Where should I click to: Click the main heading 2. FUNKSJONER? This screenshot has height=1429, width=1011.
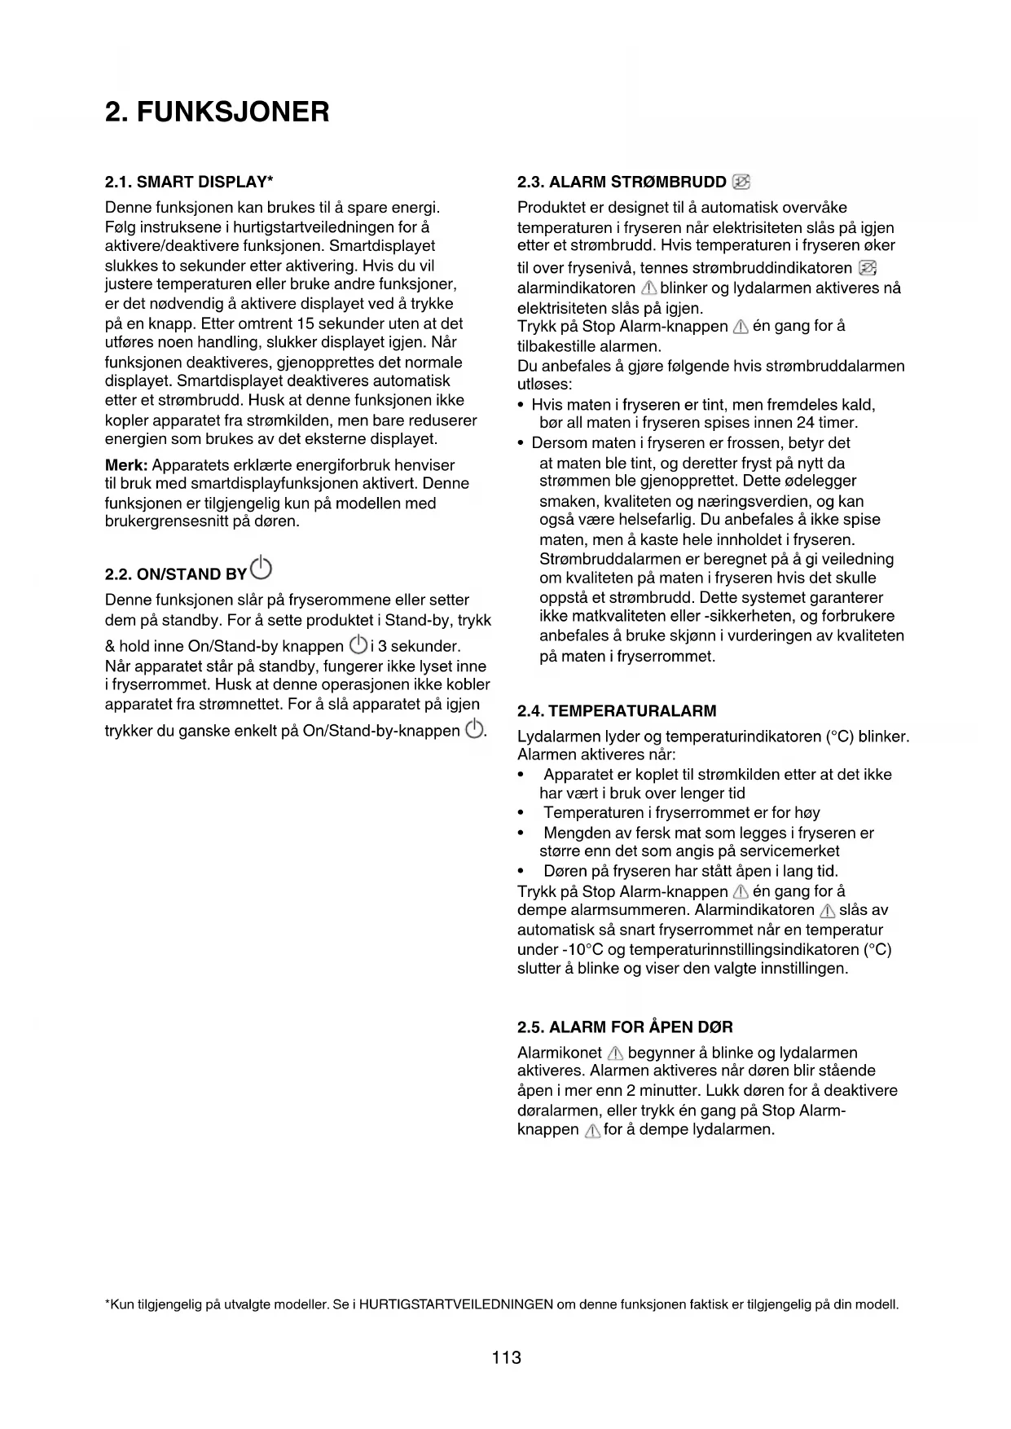(x=218, y=112)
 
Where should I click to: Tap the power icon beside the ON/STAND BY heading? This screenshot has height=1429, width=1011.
(x=262, y=566)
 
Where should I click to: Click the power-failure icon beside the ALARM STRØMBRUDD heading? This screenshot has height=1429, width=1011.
(x=741, y=181)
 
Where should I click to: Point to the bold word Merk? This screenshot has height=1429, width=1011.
(x=126, y=465)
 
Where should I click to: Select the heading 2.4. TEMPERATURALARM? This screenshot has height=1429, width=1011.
(x=617, y=710)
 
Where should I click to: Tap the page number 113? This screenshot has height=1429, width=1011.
(x=506, y=1357)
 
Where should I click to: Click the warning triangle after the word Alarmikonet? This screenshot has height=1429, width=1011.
(x=615, y=1053)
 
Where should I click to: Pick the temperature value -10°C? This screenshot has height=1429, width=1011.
(x=582, y=949)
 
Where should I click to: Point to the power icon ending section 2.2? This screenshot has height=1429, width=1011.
(x=474, y=730)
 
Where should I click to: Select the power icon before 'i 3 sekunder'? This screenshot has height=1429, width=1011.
(x=357, y=645)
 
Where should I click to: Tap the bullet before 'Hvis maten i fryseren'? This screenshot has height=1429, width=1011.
(x=521, y=406)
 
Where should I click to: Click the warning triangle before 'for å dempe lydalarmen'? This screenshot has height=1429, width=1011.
(x=593, y=1131)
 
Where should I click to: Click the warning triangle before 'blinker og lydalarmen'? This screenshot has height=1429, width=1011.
(x=648, y=288)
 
